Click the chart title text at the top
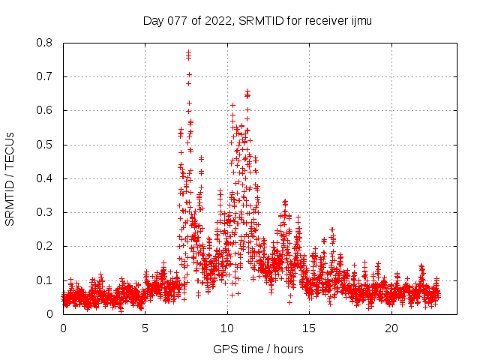[257, 21]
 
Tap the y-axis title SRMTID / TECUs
[10, 178]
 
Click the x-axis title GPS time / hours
[257, 349]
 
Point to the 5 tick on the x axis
[145, 329]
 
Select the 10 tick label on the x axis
[227, 329]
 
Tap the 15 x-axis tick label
[309, 329]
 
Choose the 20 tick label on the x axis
[391, 329]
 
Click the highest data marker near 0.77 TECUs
[188, 52]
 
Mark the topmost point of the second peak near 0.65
[247, 91]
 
